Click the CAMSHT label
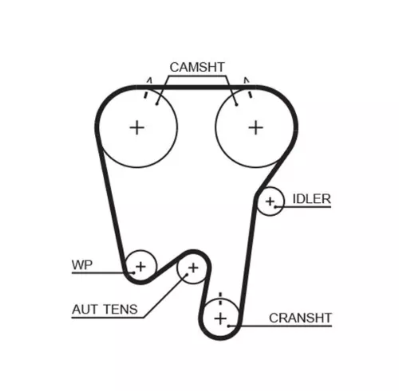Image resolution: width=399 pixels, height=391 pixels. coord(197,67)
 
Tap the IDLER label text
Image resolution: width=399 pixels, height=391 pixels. coord(312,199)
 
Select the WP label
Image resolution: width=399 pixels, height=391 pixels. coord(82,265)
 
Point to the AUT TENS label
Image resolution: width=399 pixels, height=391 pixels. coord(105,309)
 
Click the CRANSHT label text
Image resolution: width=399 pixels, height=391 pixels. coord(300,318)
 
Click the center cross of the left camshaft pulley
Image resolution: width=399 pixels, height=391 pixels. coord(137,127)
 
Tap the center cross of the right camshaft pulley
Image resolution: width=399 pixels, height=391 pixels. coord(256,127)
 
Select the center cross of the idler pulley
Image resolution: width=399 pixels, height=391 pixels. coord(270,201)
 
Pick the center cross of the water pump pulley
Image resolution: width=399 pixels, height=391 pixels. coord(140,266)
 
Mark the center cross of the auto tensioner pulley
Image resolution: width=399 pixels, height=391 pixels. coord(193,268)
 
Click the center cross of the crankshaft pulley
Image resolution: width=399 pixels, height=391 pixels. coord(220,319)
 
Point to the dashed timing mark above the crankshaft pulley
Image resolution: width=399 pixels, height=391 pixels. coord(220,299)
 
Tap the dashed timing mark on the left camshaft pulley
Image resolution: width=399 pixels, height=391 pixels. coord(148,88)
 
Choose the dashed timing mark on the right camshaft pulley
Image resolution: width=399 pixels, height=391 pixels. coord(248,88)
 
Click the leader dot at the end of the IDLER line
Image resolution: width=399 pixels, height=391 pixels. coord(276,206)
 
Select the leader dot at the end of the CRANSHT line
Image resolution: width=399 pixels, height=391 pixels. coord(228,326)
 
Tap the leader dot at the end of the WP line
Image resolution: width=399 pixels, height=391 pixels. coord(133,272)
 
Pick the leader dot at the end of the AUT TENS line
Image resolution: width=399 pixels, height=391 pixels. coord(187,275)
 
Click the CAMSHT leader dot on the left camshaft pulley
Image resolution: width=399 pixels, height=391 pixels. coord(157,104)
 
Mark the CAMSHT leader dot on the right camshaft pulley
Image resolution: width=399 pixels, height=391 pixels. coord(236,105)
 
